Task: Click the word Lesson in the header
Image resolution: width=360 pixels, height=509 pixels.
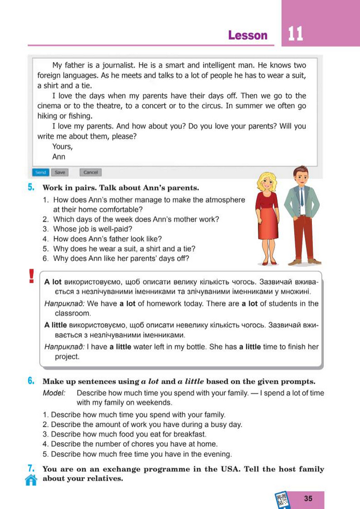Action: pyautogui.click(x=248, y=35)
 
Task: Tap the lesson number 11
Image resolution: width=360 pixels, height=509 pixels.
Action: pyautogui.click(x=295, y=34)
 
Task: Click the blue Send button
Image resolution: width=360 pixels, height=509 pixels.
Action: pyautogui.click(x=40, y=172)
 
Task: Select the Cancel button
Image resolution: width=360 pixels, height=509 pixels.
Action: pyautogui.click(x=90, y=172)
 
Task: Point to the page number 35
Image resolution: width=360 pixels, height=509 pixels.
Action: pyautogui.click(x=309, y=499)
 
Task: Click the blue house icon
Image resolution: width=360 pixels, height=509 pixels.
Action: pyautogui.click(x=31, y=480)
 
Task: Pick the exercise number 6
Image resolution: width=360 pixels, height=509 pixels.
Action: pyautogui.click(x=31, y=381)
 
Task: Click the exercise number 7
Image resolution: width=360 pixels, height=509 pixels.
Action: pyautogui.click(x=31, y=469)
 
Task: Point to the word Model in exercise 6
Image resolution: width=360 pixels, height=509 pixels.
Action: pyautogui.click(x=54, y=393)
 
